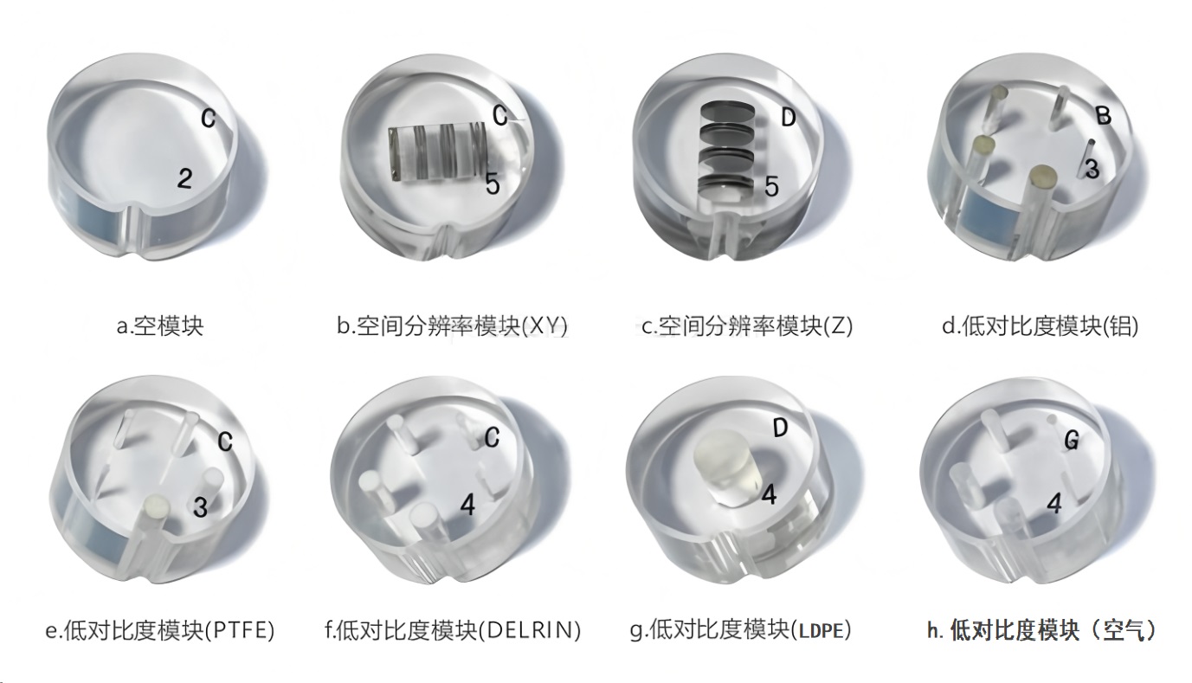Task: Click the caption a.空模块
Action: [x=160, y=326]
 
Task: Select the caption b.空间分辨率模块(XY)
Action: [x=453, y=326]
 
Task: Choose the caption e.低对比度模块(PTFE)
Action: [x=160, y=630]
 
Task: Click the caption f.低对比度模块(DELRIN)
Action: [x=453, y=630]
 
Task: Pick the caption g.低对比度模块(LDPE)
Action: [x=740, y=630]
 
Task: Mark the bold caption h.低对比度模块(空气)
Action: [x=1041, y=630]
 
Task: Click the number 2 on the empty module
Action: [x=184, y=179]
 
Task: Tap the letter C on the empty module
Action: [x=209, y=119]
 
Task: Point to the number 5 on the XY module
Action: [x=492, y=184]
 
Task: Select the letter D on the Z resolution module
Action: [x=788, y=119]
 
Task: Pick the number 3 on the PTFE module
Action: [x=200, y=507]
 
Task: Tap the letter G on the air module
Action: [x=1072, y=441]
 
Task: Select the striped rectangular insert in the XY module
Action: [x=435, y=153]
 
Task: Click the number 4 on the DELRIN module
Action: [x=468, y=506]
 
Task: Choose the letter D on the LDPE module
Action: [x=780, y=428]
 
